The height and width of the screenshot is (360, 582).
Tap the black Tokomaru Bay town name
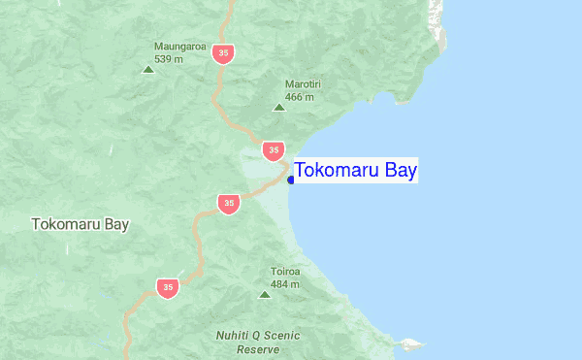pyautogui.click(x=81, y=224)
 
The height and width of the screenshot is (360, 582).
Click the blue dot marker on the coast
pyautogui.click(x=291, y=180)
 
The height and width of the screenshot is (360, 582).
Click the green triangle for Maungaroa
pyautogui.click(x=148, y=69)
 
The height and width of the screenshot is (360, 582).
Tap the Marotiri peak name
pyautogui.click(x=303, y=84)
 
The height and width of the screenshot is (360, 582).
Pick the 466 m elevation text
pyautogui.click(x=300, y=97)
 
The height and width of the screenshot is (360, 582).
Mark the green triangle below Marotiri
pyautogui.click(x=279, y=107)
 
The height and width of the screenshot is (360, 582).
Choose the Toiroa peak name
pyautogui.click(x=285, y=272)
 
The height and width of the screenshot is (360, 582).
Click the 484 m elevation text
pyautogui.click(x=285, y=284)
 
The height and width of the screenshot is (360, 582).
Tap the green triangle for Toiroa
pyautogui.click(x=264, y=294)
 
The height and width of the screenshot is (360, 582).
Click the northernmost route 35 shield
pyautogui.click(x=224, y=52)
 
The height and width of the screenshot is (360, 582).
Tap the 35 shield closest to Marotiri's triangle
pyautogui.click(x=274, y=149)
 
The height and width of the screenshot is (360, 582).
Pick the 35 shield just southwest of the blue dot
pyautogui.click(x=228, y=204)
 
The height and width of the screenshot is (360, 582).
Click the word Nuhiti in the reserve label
pyautogui.click(x=232, y=336)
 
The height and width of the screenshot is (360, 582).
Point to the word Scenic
pyautogui.click(x=281, y=336)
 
